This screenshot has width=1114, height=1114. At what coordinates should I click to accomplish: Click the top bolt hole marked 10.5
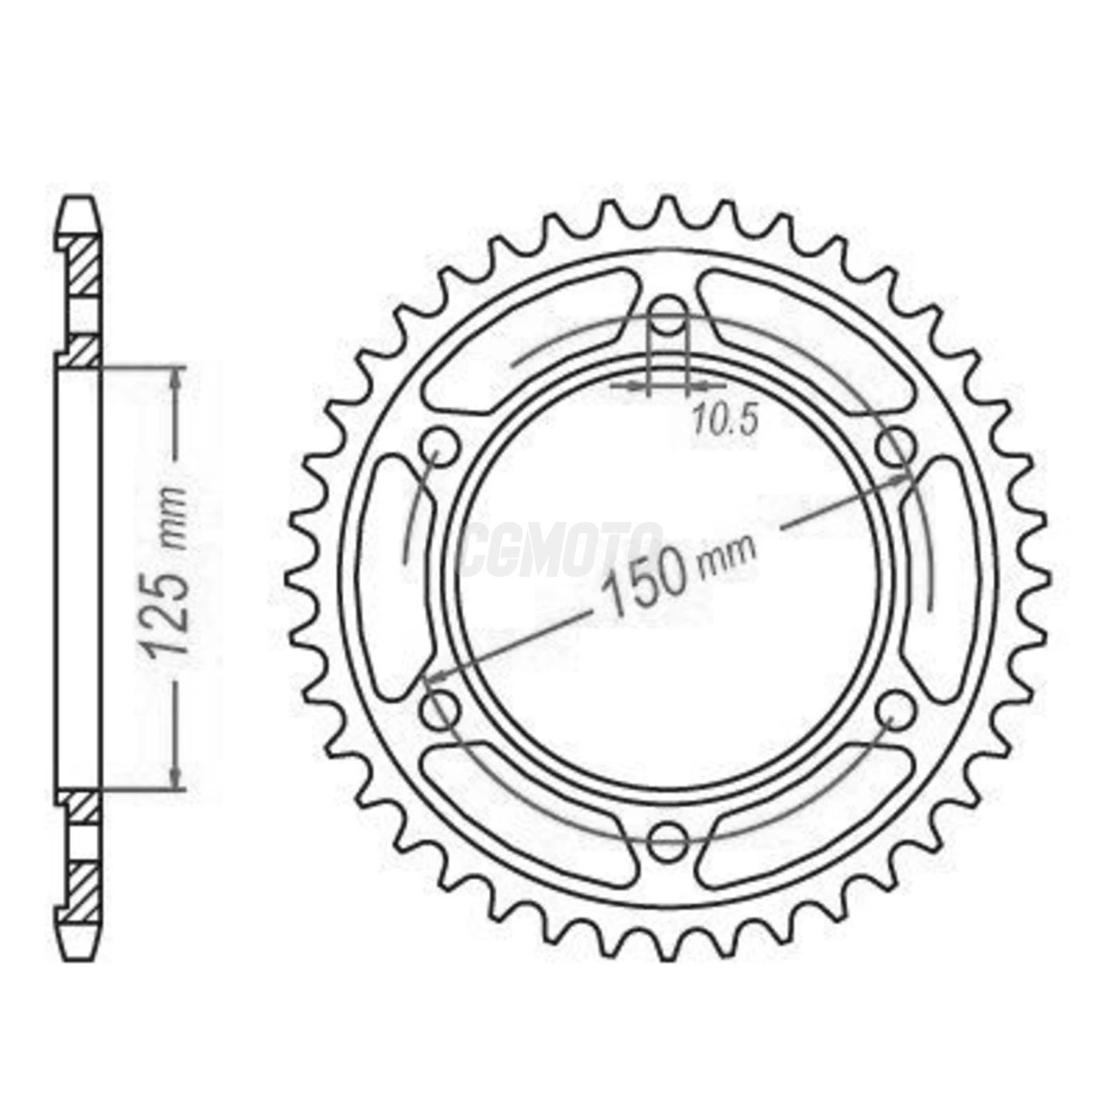click(x=668, y=311)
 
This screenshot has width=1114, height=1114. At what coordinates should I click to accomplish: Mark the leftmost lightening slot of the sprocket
click(x=394, y=577)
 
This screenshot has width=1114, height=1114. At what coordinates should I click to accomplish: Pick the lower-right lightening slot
click(x=804, y=812)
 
